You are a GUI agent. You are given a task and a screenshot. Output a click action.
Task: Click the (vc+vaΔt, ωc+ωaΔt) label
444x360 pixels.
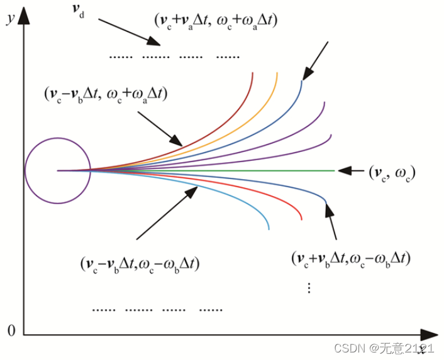(216, 20)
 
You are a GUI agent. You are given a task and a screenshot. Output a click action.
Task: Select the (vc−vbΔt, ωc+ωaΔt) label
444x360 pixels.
(106, 94)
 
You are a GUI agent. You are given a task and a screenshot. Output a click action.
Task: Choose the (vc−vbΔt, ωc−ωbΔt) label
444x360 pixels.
(140, 264)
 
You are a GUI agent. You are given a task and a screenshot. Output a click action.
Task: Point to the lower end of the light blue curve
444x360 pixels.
(269, 229)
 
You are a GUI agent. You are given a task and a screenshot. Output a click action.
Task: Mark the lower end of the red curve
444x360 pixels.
(302, 220)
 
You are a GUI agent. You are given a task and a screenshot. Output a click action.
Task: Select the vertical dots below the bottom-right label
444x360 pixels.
(309, 287)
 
